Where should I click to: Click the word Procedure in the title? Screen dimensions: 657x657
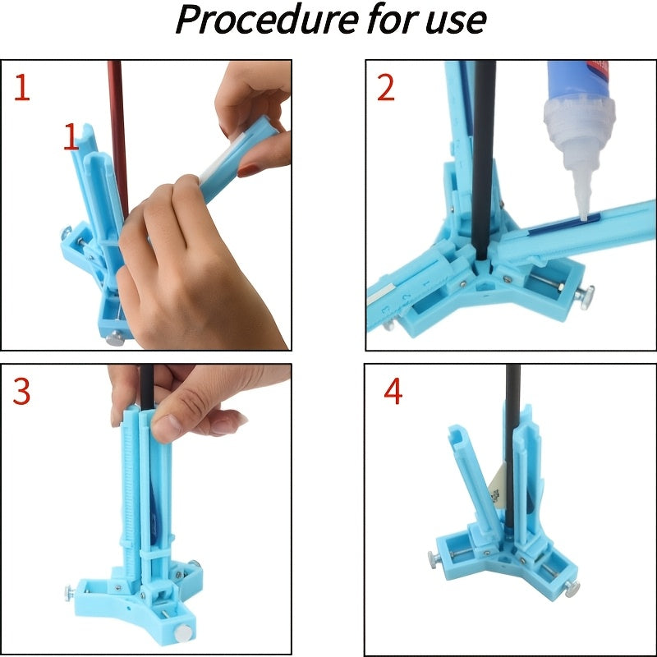click(267, 20)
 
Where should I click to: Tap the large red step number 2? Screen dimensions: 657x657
click(385, 88)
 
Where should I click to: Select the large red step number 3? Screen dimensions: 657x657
click(21, 391)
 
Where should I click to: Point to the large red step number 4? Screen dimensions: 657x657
click(393, 391)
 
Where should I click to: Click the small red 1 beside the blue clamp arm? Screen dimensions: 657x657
click(71, 136)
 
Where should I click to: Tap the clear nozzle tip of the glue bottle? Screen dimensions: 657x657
click(583, 216)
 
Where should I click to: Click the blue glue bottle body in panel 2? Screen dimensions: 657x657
click(579, 80)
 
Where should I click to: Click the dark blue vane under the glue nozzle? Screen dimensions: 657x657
click(563, 224)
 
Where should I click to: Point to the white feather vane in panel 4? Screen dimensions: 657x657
click(498, 486)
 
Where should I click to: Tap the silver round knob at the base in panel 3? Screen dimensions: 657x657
click(183, 632)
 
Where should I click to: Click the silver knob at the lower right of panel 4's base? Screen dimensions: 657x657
click(572, 589)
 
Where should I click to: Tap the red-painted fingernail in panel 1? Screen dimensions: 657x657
click(248, 170)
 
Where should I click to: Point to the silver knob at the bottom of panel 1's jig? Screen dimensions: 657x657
click(115, 338)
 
